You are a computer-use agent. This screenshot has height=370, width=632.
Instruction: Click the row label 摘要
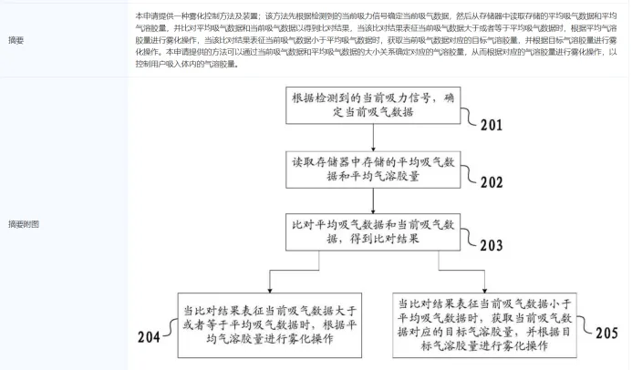click(16, 40)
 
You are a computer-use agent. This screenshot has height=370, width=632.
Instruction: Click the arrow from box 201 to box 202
click(375, 136)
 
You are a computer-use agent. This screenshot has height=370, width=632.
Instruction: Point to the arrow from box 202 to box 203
click(375, 198)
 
